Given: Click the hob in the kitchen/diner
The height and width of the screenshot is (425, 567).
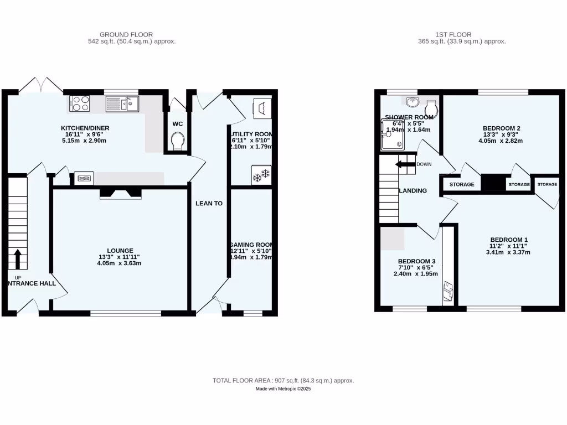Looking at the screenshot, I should coord(80,103).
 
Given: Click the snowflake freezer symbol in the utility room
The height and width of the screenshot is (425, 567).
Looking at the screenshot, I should coord(260,175).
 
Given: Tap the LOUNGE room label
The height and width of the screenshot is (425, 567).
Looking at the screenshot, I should coord(120,251).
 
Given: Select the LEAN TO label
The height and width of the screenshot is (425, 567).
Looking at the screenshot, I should coord(209,204).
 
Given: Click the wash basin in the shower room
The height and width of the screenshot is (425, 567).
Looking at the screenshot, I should coord(412,101).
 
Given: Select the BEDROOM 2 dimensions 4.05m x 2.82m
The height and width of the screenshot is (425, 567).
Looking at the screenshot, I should coord(500,141).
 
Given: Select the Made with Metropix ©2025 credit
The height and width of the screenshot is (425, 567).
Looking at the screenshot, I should coord(283,389).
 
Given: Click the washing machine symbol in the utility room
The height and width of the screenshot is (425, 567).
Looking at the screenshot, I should coord(260,107).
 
